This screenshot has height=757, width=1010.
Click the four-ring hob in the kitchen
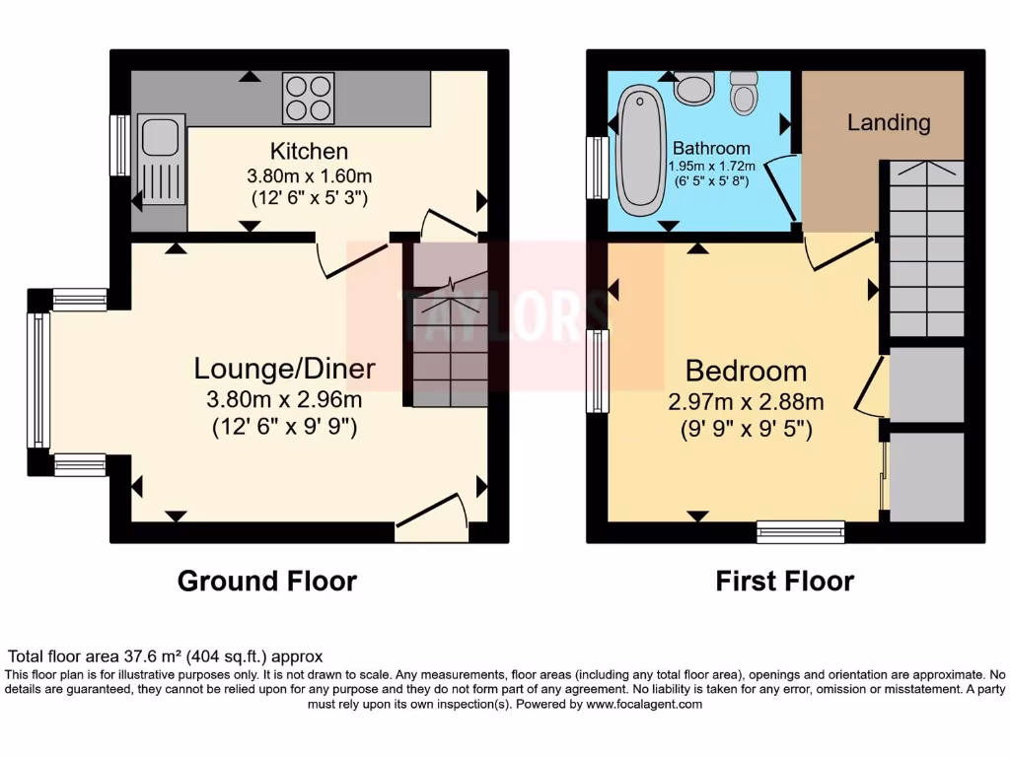click(308, 98)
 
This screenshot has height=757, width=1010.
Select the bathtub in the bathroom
click(638, 154)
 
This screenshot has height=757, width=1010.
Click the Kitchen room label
click(309, 152)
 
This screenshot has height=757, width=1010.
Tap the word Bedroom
click(746, 372)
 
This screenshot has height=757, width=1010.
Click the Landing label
click(889, 122)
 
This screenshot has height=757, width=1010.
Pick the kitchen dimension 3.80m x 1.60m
click(309, 176)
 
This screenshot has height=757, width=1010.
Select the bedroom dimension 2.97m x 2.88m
click(746, 402)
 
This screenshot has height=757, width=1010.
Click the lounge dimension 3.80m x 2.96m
click(284, 400)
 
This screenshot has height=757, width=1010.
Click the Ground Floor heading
click(266, 582)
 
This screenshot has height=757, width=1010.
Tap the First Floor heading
click(784, 582)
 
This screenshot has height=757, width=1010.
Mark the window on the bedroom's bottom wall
click(800, 531)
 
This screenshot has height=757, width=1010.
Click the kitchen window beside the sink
click(119, 145)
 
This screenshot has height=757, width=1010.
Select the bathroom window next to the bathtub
click(597, 167)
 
